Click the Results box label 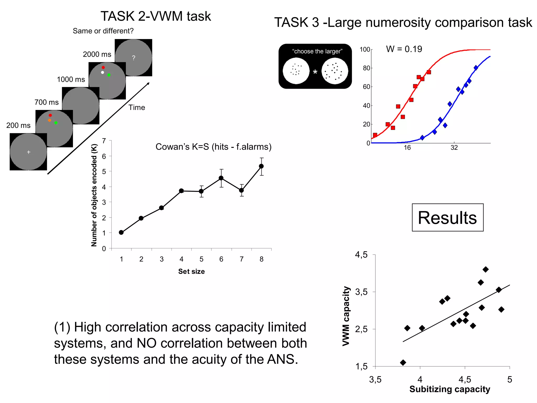click(447, 218)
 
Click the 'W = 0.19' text click(404, 49)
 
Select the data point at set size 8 click(261, 166)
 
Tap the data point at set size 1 click(121, 232)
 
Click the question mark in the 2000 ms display click(133, 58)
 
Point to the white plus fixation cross click(29, 152)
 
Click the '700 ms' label click(46, 102)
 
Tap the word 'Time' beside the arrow click(137, 107)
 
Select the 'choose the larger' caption click(317, 51)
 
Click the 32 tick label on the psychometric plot click(454, 148)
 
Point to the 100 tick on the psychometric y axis click(364, 49)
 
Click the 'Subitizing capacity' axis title click(450, 389)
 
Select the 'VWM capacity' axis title click(346, 316)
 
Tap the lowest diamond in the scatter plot click(403, 363)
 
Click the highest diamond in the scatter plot click(486, 269)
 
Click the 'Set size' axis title click(191, 271)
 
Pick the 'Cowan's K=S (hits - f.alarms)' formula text click(213, 147)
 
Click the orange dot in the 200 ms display click(50, 120)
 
